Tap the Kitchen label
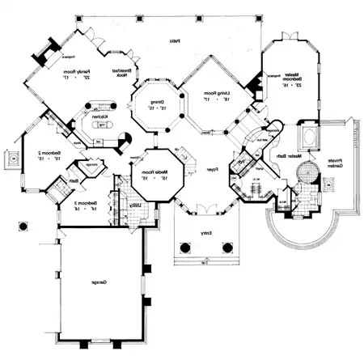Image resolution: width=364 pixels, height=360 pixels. click(100, 116)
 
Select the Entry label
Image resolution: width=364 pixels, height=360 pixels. click(207, 235)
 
